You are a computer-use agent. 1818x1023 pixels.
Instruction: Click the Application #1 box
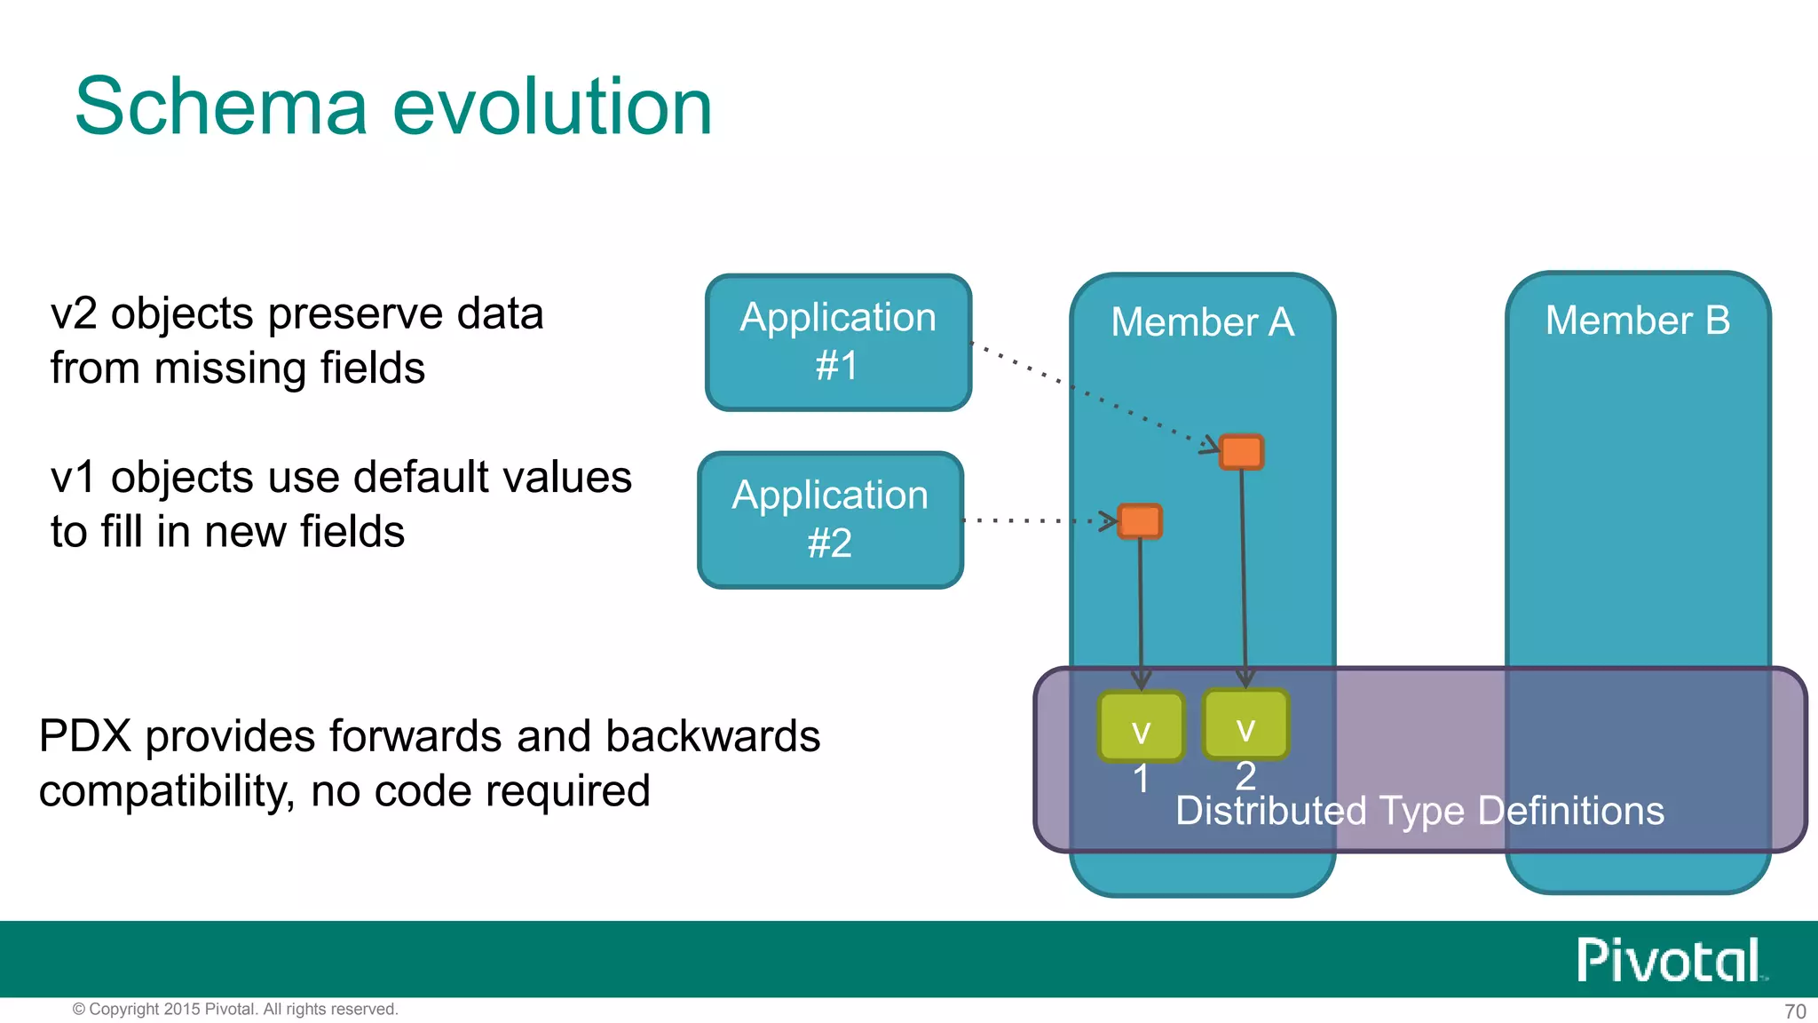(x=838, y=342)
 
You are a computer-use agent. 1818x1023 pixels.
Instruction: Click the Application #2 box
(x=830, y=519)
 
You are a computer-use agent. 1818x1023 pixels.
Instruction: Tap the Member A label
(x=1202, y=321)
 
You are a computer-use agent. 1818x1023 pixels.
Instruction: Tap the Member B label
(x=1637, y=320)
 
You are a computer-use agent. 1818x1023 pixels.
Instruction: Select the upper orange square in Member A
(x=1241, y=452)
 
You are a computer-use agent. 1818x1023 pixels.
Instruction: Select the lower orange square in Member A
(x=1140, y=521)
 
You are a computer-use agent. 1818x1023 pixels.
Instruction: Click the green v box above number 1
(x=1141, y=726)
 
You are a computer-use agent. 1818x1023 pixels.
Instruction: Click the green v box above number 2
(x=1245, y=724)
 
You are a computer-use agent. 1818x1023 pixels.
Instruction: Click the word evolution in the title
(x=552, y=107)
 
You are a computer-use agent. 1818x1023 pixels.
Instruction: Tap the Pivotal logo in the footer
(x=1669, y=960)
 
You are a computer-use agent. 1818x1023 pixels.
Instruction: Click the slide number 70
(x=1794, y=1011)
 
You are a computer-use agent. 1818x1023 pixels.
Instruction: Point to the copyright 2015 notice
(x=235, y=1010)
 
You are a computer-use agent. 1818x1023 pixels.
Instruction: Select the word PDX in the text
(x=85, y=736)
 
